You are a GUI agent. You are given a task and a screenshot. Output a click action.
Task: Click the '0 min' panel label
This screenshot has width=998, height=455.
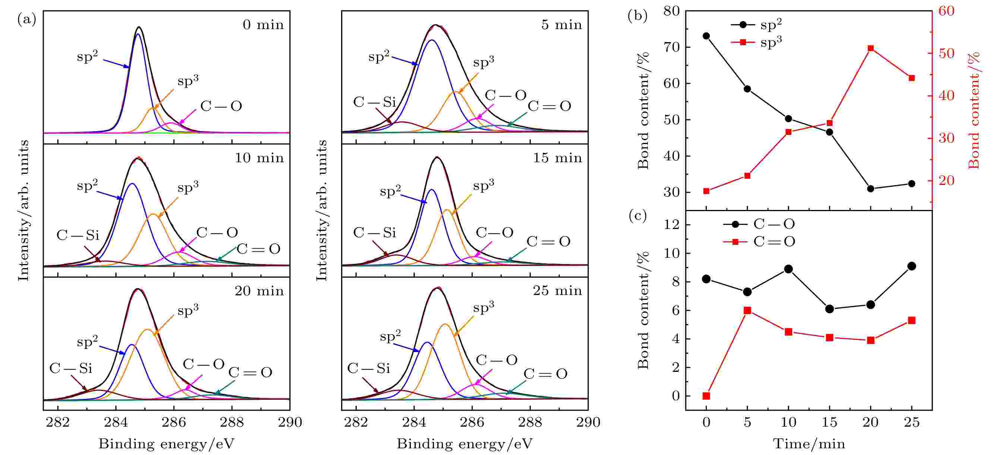[x=263, y=25]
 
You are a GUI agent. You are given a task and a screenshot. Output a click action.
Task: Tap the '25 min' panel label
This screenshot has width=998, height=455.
[x=557, y=291]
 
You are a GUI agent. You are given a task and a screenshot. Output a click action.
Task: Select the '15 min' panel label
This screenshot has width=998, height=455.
[x=557, y=158]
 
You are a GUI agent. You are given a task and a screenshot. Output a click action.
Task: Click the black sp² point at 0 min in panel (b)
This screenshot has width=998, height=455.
[x=706, y=36]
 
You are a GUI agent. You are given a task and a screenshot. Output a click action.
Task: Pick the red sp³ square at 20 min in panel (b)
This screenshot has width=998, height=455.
[x=871, y=48]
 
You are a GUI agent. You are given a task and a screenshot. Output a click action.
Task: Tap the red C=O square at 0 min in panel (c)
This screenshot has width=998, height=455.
[x=706, y=396]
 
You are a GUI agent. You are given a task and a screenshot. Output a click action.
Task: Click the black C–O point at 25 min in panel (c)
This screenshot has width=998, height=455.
[x=912, y=266]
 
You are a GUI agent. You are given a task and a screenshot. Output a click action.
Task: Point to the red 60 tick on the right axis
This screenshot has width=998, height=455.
[x=946, y=11]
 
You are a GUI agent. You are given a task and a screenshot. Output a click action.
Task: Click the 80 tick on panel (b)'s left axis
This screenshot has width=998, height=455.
[x=671, y=11]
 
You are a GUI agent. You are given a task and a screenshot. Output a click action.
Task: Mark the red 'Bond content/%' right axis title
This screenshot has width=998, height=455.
[x=973, y=110]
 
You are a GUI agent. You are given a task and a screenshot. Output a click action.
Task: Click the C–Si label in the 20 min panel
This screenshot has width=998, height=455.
[x=71, y=368]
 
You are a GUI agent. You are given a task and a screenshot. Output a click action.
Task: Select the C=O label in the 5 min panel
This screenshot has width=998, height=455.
[x=550, y=106]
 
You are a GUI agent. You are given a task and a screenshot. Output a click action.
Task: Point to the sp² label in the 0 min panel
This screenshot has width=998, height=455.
[x=87, y=57]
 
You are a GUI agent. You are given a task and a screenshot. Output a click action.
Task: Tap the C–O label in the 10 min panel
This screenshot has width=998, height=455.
[x=217, y=233]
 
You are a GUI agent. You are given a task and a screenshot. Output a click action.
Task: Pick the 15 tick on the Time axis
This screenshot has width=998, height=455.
[x=829, y=422]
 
